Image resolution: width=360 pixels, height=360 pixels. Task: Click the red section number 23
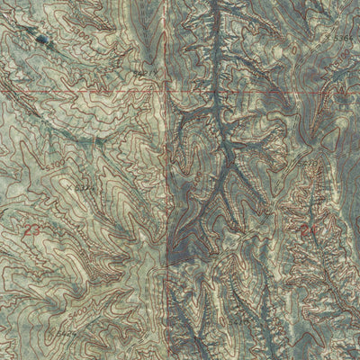coord(34,231)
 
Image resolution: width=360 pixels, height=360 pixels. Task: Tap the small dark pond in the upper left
coord(42,39)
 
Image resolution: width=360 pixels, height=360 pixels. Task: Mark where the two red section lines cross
coord(168,93)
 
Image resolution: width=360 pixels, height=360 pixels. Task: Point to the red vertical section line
coord(167,180)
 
